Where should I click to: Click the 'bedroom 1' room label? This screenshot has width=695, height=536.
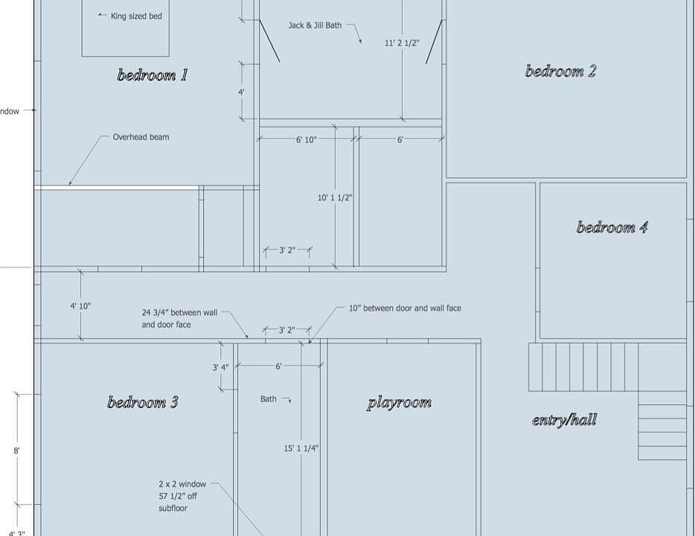153,75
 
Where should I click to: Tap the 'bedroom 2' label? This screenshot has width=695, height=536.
560,71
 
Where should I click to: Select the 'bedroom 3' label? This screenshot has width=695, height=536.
143,403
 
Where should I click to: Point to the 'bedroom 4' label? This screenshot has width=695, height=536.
612,228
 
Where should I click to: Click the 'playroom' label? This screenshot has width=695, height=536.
399,403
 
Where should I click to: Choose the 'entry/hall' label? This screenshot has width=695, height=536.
564,420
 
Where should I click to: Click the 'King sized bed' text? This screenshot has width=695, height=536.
136,16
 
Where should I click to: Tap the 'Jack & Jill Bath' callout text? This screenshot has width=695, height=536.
315,25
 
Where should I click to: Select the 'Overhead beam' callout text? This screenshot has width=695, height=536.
141,137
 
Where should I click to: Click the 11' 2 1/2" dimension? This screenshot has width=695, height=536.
402,43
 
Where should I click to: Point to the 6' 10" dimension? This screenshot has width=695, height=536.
306,140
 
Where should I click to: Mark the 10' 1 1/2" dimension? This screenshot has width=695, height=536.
335,198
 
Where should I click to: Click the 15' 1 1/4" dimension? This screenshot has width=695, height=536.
301,448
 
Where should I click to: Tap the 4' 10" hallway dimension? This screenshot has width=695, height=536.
80,306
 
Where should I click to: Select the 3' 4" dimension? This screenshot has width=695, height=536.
220,367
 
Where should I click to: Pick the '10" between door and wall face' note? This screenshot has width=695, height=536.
406,308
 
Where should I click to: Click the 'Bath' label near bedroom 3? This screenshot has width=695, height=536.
269,399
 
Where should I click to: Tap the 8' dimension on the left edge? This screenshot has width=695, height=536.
16,450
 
